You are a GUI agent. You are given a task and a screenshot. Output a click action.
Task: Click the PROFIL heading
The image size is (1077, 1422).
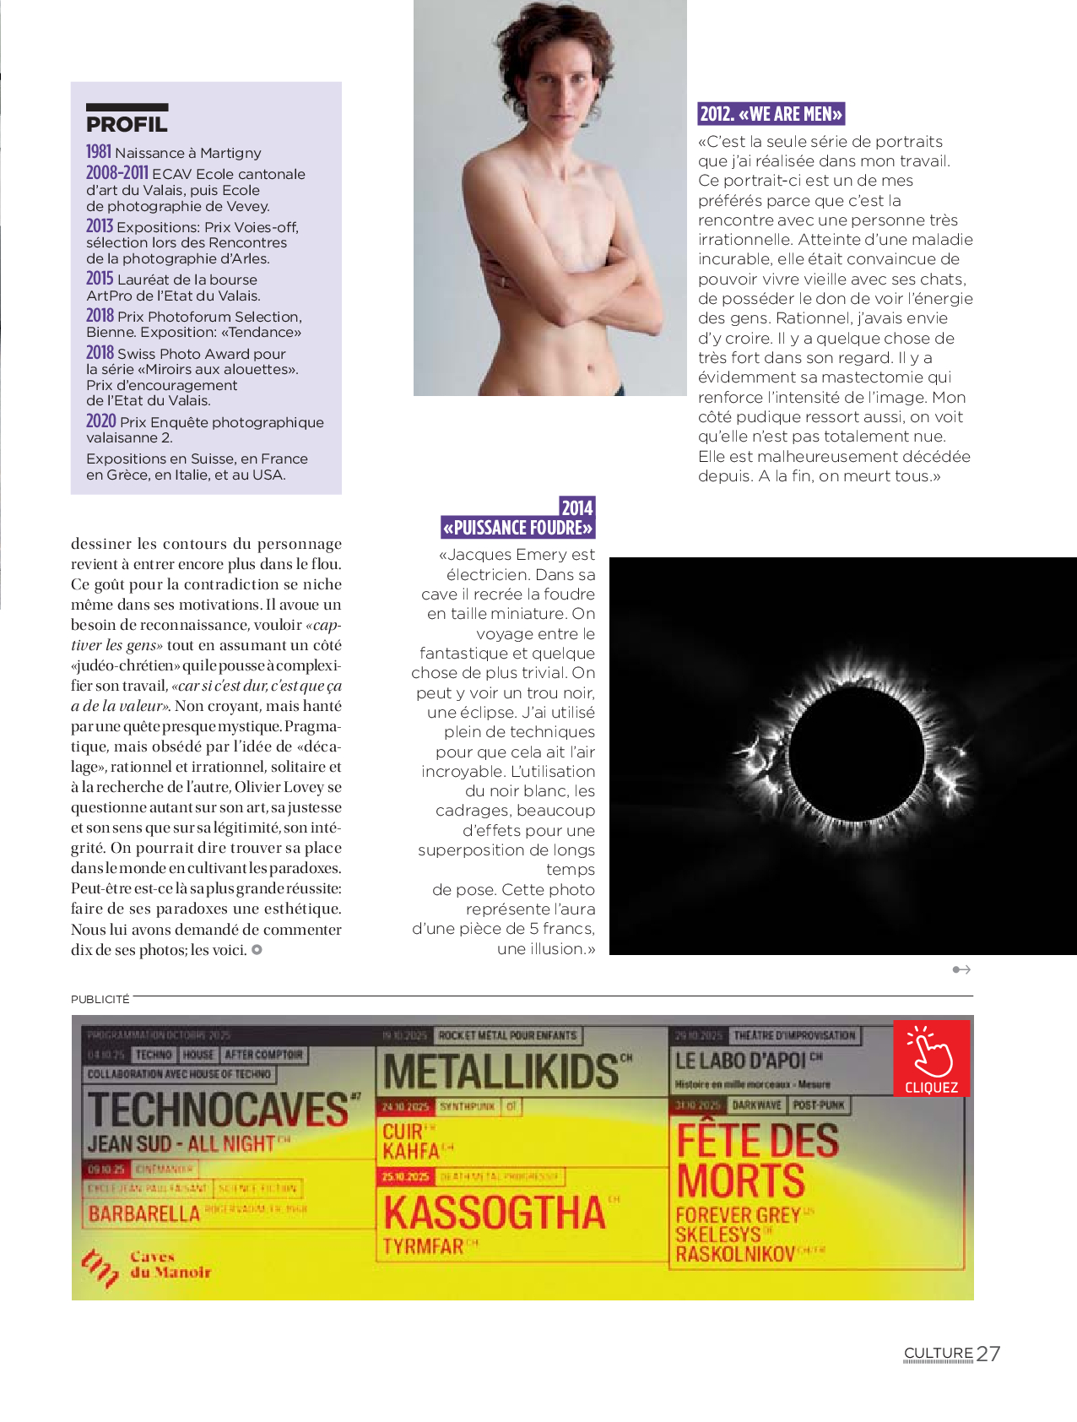click(x=127, y=124)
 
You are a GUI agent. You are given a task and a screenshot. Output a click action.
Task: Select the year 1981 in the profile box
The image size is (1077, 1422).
click(x=99, y=152)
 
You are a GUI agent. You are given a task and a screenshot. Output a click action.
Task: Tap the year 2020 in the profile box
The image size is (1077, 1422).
click(x=100, y=421)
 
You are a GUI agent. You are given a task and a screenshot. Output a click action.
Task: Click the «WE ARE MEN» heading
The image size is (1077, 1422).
click(x=771, y=114)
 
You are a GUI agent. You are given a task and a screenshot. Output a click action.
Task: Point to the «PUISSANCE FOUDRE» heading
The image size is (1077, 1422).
click(x=517, y=528)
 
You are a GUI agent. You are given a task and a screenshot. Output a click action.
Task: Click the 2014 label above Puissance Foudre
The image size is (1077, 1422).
click(x=577, y=507)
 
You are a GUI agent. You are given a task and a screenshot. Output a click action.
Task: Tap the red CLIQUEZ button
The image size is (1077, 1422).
click(x=931, y=1059)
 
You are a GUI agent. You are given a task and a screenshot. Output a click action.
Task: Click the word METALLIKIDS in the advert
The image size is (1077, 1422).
click(x=501, y=1072)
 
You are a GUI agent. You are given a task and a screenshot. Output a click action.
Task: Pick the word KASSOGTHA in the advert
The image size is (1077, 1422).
click(x=495, y=1213)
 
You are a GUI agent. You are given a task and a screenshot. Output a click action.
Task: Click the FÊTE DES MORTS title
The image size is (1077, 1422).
click(x=756, y=1160)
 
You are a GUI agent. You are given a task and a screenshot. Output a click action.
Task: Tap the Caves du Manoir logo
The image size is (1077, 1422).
click(x=147, y=1265)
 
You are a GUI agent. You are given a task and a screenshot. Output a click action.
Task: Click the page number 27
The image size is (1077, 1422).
click(x=988, y=1354)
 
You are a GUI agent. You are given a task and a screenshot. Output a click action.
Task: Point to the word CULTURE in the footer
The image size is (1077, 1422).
click(x=939, y=1353)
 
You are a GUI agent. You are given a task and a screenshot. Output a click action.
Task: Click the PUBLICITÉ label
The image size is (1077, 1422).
click(x=100, y=999)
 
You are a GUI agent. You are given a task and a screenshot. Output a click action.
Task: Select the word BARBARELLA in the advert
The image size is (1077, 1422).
click(x=144, y=1213)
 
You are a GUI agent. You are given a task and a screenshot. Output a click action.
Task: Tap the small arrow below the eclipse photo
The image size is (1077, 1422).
click(x=961, y=969)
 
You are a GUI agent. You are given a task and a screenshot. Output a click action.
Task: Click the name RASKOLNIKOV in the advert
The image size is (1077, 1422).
click(x=735, y=1254)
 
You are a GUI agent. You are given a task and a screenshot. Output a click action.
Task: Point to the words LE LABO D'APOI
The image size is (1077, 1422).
click(x=740, y=1061)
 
